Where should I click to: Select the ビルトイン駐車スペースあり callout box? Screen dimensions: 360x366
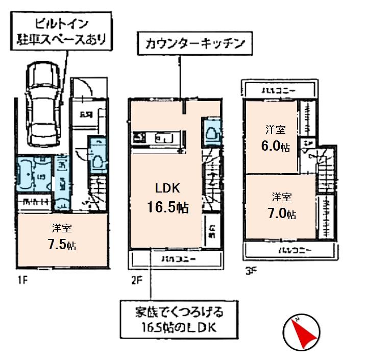point(62,31)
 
